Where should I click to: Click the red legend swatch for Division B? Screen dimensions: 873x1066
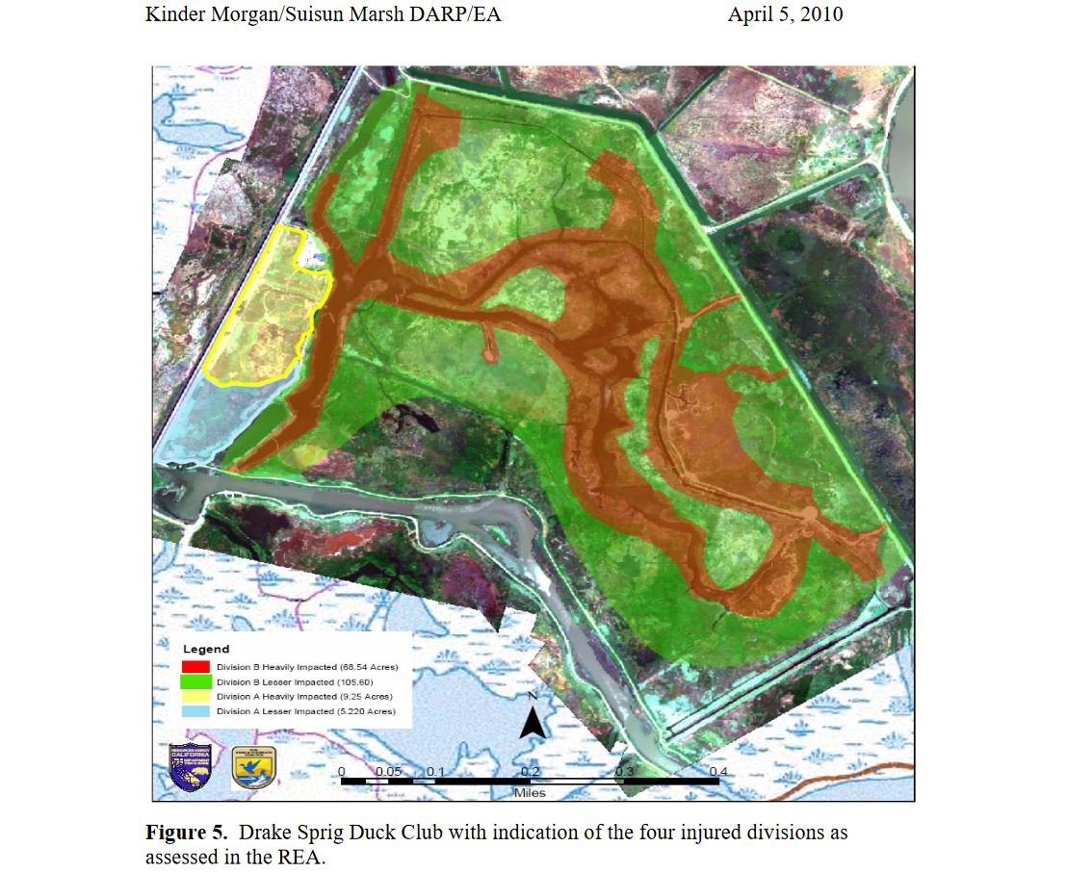[195, 666]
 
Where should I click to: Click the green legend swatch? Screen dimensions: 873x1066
[195, 681]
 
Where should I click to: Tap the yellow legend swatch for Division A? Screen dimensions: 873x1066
[195, 696]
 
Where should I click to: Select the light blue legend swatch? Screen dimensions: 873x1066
[195, 711]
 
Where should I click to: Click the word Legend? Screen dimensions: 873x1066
[206, 649]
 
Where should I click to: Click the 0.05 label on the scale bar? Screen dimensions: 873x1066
[389, 771]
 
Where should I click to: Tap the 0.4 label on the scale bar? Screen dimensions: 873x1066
[718, 771]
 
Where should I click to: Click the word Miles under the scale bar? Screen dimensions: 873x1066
[530, 793]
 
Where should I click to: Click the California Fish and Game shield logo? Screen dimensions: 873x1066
[191, 767]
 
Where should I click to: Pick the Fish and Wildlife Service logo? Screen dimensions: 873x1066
[253, 767]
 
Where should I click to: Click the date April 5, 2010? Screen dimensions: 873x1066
[786, 15]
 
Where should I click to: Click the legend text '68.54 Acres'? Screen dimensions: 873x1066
[368, 667]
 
